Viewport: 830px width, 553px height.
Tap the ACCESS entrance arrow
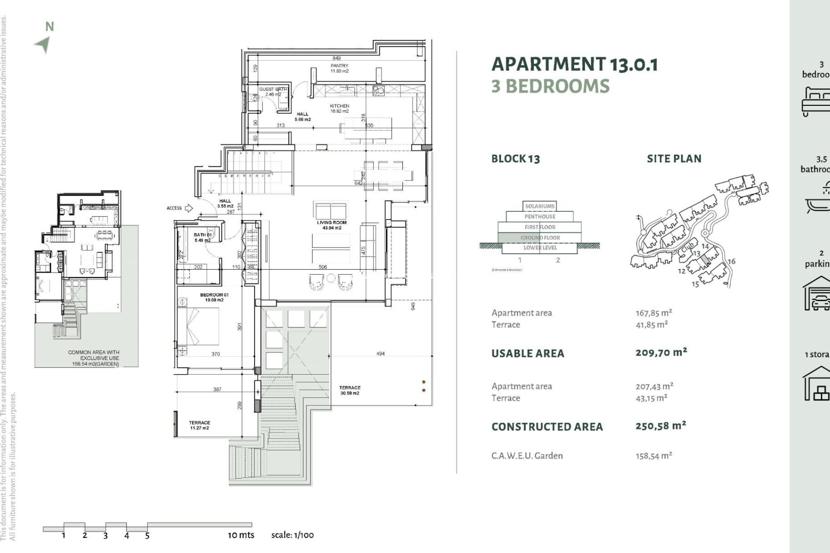pos(188,208)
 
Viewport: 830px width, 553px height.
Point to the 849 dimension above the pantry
pos(336,58)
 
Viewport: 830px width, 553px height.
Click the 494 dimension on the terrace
pos(380,354)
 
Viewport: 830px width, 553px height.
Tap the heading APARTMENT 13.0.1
pos(575,64)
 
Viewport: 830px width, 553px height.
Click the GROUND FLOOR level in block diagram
pos(540,238)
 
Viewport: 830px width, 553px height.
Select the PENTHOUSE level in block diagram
pos(540,216)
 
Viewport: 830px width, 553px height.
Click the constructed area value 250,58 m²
pos(661,426)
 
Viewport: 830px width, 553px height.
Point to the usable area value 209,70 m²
pos(661,353)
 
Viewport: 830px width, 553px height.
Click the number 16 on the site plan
pos(731,261)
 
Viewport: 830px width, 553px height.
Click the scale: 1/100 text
pos(292,535)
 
